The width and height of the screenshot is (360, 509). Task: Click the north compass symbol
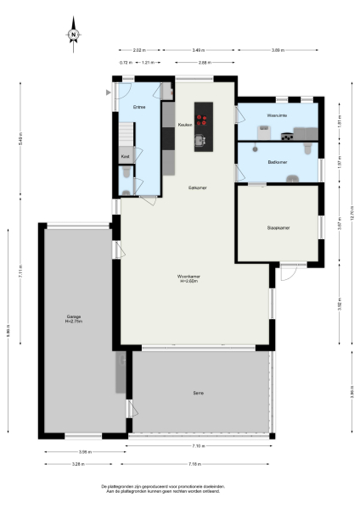pos(74,34)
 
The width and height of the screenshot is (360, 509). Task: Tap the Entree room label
pos(139,107)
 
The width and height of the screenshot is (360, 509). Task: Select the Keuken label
pos(184,125)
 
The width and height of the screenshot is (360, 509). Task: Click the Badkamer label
pos(277,161)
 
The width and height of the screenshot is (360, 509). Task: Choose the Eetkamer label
pos(198,187)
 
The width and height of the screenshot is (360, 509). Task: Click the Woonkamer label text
pos(188,277)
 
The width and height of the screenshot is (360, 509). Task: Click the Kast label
pos(126,156)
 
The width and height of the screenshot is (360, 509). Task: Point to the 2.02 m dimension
pos(140,51)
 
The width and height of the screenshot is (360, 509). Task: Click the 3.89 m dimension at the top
pos(277,51)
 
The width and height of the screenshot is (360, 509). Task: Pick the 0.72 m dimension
pos(125,63)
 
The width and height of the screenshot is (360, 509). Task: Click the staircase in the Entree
pos(125,133)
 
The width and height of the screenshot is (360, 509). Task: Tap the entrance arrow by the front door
pos(108,93)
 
